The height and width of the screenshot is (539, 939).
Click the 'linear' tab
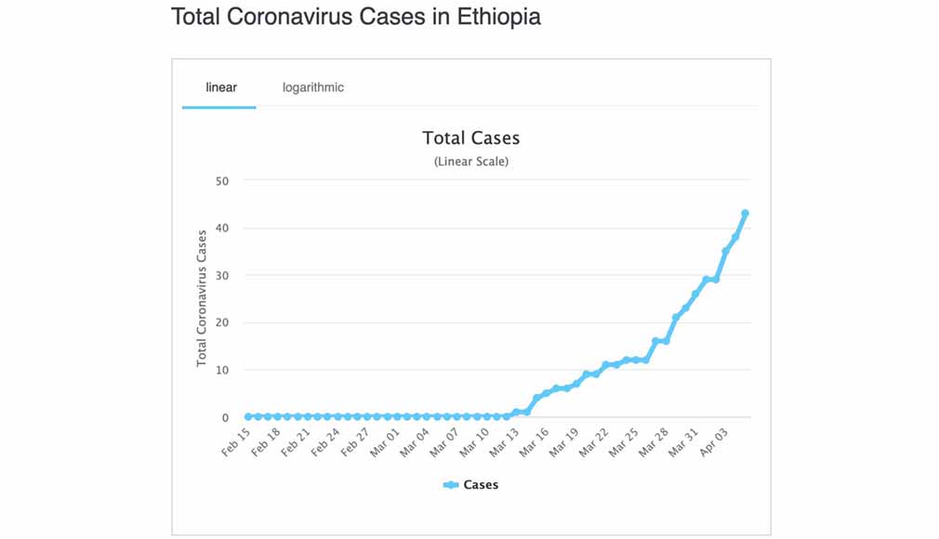click(221, 87)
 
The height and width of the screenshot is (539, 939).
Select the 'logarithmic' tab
click(313, 87)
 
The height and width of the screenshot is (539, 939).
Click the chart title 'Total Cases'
click(470, 138)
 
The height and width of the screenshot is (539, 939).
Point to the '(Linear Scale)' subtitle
click(470, 162)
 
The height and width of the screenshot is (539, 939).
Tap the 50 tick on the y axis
click(221, 181)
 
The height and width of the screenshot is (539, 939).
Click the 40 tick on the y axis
click(221, 229)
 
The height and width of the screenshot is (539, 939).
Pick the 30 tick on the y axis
click(221, 276)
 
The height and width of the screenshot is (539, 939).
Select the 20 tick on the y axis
click(221, 323)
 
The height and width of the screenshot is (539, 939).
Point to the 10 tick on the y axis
click(221, 371)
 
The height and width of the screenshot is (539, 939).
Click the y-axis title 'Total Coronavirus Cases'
click(202, 298)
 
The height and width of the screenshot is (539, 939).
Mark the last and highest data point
click(745, 214)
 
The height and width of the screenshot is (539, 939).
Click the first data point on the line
click(248, 416)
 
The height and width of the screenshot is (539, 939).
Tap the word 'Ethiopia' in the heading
click(498, 17)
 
